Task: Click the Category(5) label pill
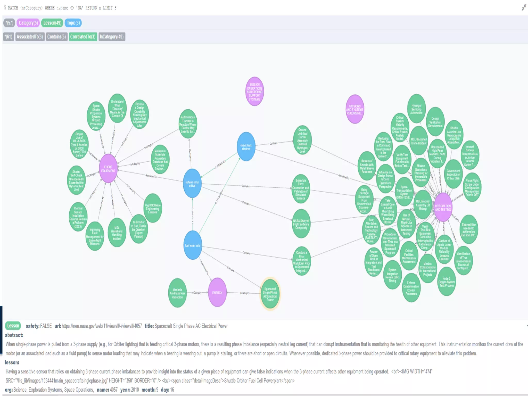[28, 23]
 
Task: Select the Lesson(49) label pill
[52, 23]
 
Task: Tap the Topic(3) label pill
[73, 23]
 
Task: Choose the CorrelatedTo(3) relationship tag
[82, 37]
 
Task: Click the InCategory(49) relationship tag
[111, 37]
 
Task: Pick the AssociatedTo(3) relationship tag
[30, 37]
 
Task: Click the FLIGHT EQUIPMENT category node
[108, 169]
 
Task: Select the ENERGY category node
[217, 293]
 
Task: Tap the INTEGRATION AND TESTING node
[443, 208]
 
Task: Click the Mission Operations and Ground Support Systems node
[254, 92]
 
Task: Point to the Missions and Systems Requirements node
[355, 109]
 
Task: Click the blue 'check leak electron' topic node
[246, 147]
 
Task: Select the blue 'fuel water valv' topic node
[193, 245]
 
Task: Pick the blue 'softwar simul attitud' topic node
[192, 184]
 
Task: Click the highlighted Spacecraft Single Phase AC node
[270, 294]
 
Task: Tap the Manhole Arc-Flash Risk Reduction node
[177, 293]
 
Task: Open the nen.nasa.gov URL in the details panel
[102, 326]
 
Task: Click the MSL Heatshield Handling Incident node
[117, 233]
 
